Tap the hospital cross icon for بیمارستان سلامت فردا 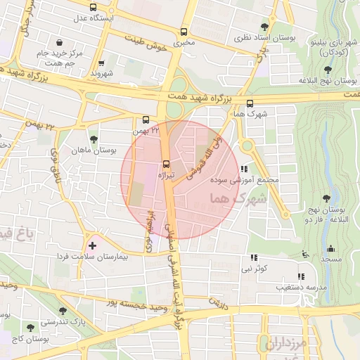coord(92,246)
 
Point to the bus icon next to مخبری coord(184,32)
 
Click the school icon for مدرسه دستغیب coord(301,276)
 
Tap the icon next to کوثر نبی coord(254,257)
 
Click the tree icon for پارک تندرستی coord(63,310)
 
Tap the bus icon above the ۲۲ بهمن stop coord(146,120)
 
